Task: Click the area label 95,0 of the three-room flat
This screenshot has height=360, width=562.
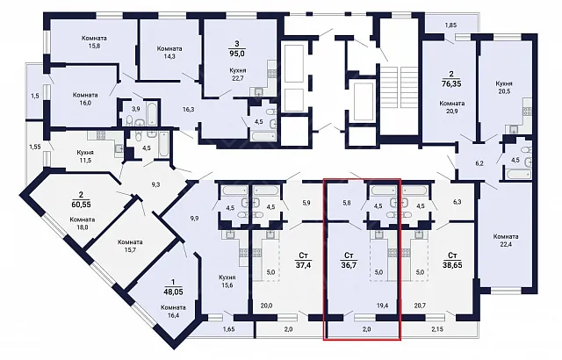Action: pyautogui.click(x=237, y=54)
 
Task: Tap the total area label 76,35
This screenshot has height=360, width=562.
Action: pyautogui.click(x=451, y=83)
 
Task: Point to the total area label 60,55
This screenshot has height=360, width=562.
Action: pyautogui.click(x=81, y=205)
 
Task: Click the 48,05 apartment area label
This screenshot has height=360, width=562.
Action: pyautogui.click(x=173, y=292)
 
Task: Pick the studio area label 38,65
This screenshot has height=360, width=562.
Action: pyautogui.click(x=452, y=265)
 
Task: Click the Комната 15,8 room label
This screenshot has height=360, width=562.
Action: pyautogui.click(x=94, y=41)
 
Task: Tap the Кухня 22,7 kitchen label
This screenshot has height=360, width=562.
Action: pyautogui.click(x=238, y=75)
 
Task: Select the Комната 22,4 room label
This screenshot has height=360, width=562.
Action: pyautogui.click(x=506, y=240)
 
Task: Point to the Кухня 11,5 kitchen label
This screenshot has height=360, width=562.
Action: pyautogui.click(x=85, y=156)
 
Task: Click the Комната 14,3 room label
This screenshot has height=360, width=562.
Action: pyautogui.click(x=169, y=53)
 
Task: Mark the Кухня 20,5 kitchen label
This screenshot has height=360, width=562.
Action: pyautogui.click(x=504, y=88)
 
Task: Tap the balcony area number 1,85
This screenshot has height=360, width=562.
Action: pyautogui.click(x=450, y=25)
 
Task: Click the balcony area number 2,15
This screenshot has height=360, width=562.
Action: pyautogui.click(x=437, y=329)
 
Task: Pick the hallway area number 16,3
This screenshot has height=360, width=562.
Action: pyautogui.click(x=189, y=109)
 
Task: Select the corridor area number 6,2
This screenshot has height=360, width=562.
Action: pyautogui.click(x=479, y=163)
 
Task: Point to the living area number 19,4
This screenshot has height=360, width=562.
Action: pyautogui.click(x=383, y=306)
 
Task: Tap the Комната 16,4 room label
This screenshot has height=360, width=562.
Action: pyautogui.click(x=173, y=311)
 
